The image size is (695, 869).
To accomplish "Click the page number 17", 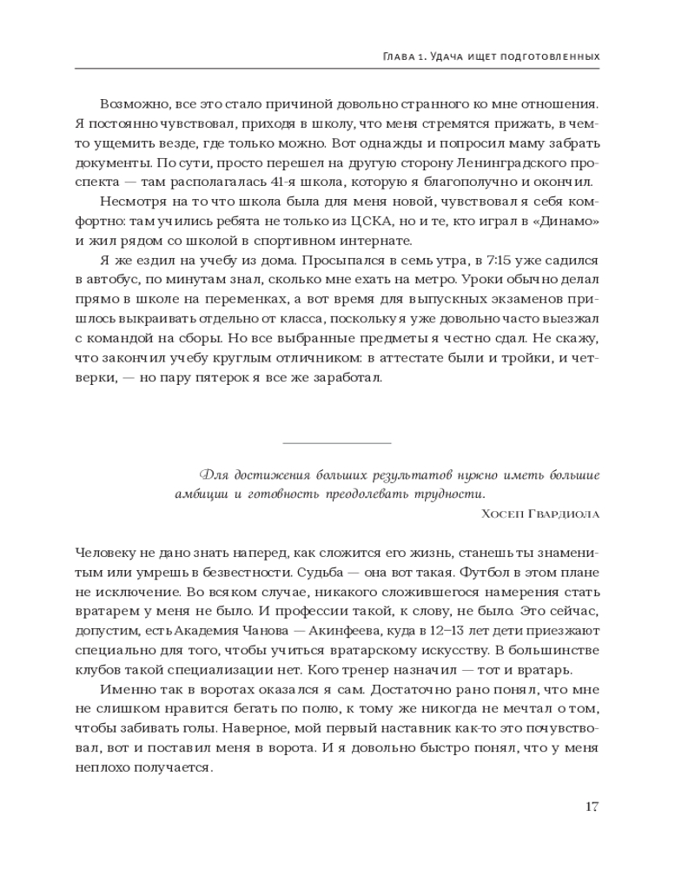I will pyautogui.click(x=592, y=806).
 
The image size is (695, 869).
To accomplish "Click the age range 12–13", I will pyautogui.click(x=457, y=631).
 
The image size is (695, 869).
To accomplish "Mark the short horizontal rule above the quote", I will pyautogui.click(x=337, y=443).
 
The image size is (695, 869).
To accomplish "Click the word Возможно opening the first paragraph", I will pyautogui.click(x=131, y=104).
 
